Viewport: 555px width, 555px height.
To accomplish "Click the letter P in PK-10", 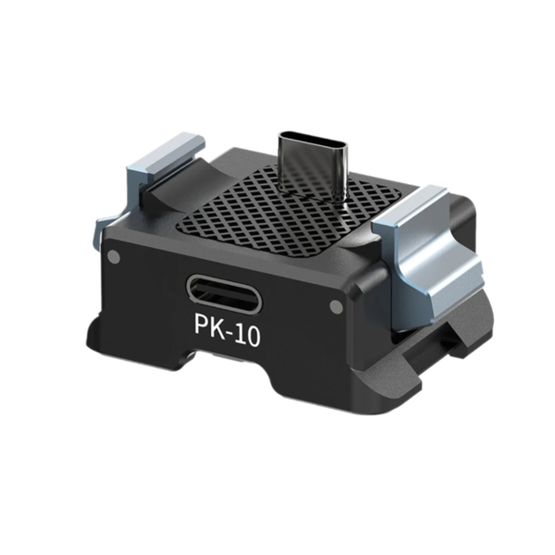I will (x=202, y=332).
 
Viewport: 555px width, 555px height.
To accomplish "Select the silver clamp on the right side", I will (x=425, y=245).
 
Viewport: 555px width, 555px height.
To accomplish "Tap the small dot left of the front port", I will (x=113, y=256).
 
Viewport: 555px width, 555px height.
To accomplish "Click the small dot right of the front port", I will (x=335, y=306).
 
